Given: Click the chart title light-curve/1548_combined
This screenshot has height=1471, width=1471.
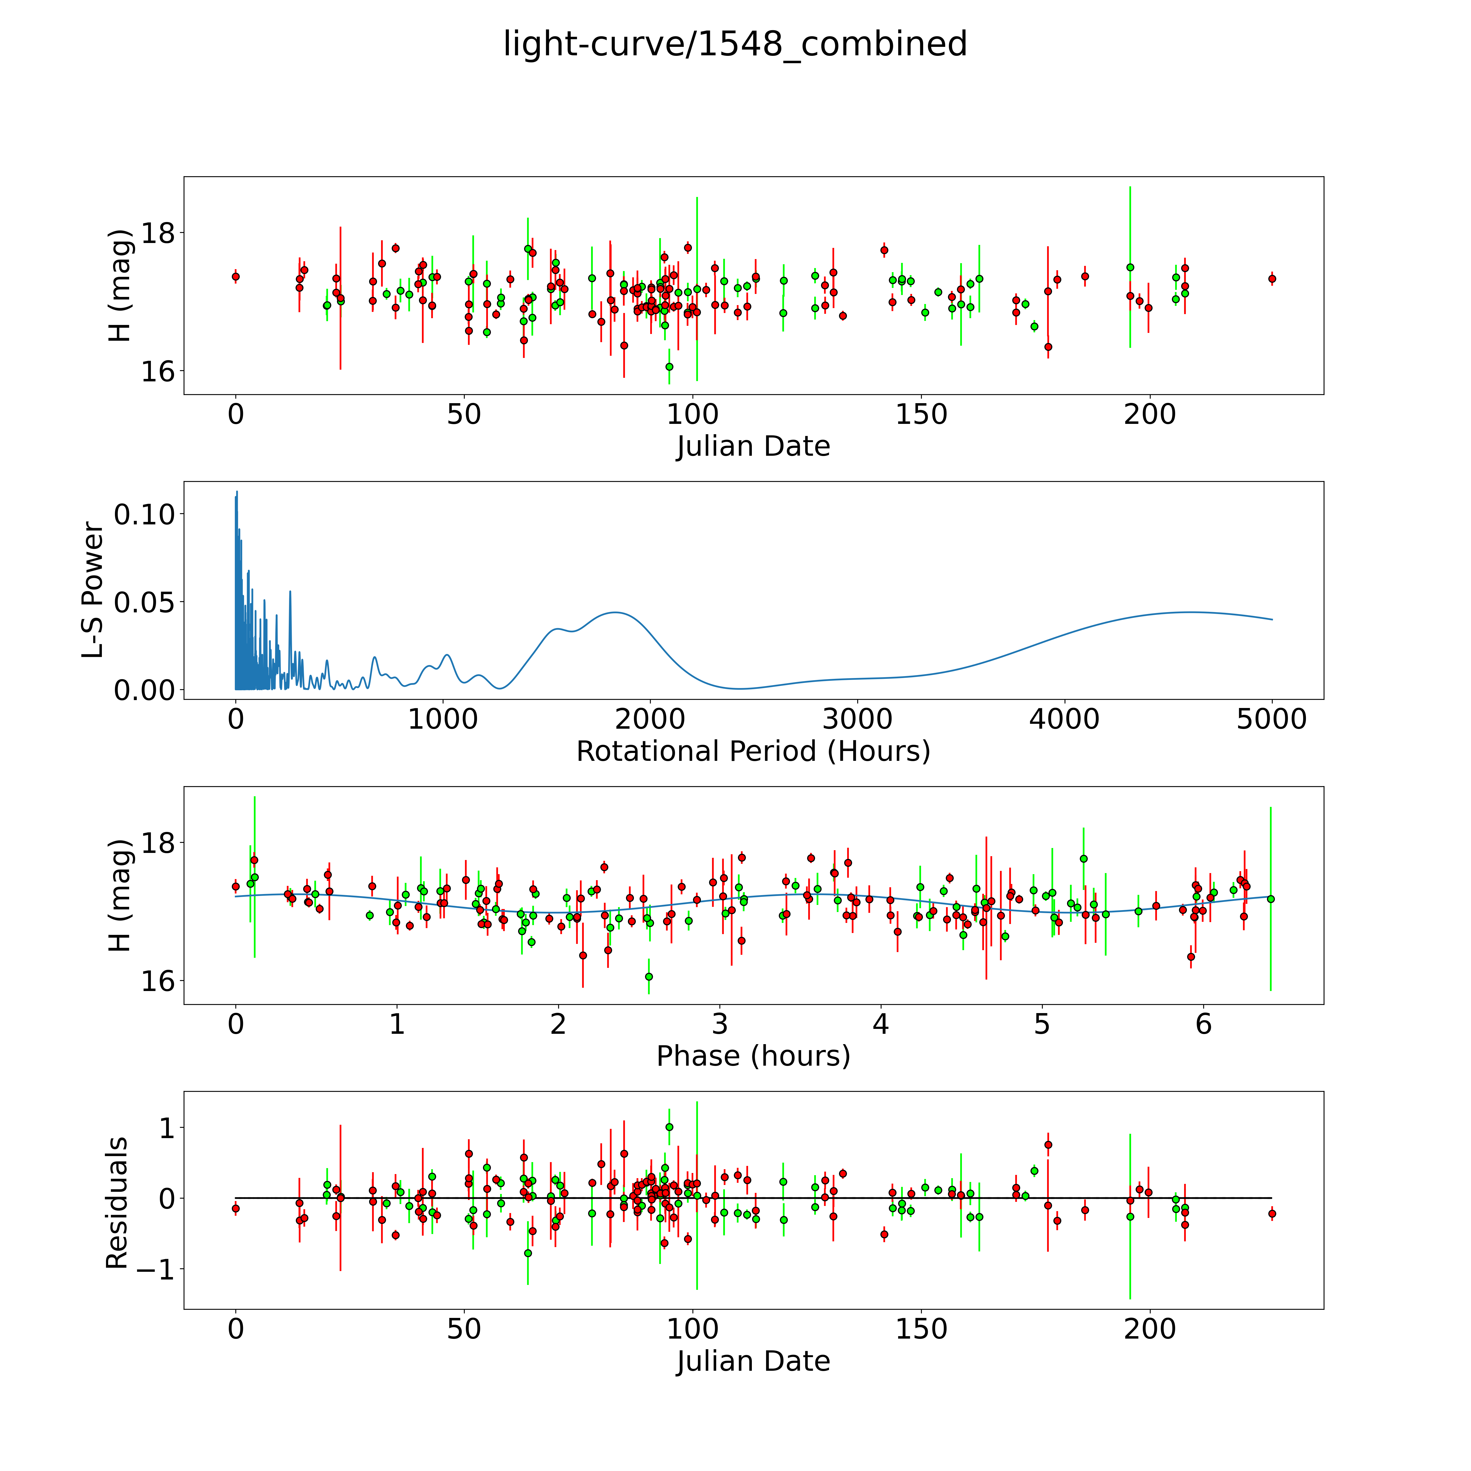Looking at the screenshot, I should pos(735,44).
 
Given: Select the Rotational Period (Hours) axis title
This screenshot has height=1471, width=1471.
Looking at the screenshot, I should pos(753,752).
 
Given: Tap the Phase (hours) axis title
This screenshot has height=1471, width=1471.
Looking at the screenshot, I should pos(753,1056).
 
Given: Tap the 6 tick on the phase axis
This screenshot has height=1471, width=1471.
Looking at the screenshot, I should pos(1203,1024).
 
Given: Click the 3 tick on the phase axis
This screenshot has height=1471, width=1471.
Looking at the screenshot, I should pos(719,1024).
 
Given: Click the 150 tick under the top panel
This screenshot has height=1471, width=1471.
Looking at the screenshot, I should pos(921,414).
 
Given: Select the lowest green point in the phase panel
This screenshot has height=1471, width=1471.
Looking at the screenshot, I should pos(649,976).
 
